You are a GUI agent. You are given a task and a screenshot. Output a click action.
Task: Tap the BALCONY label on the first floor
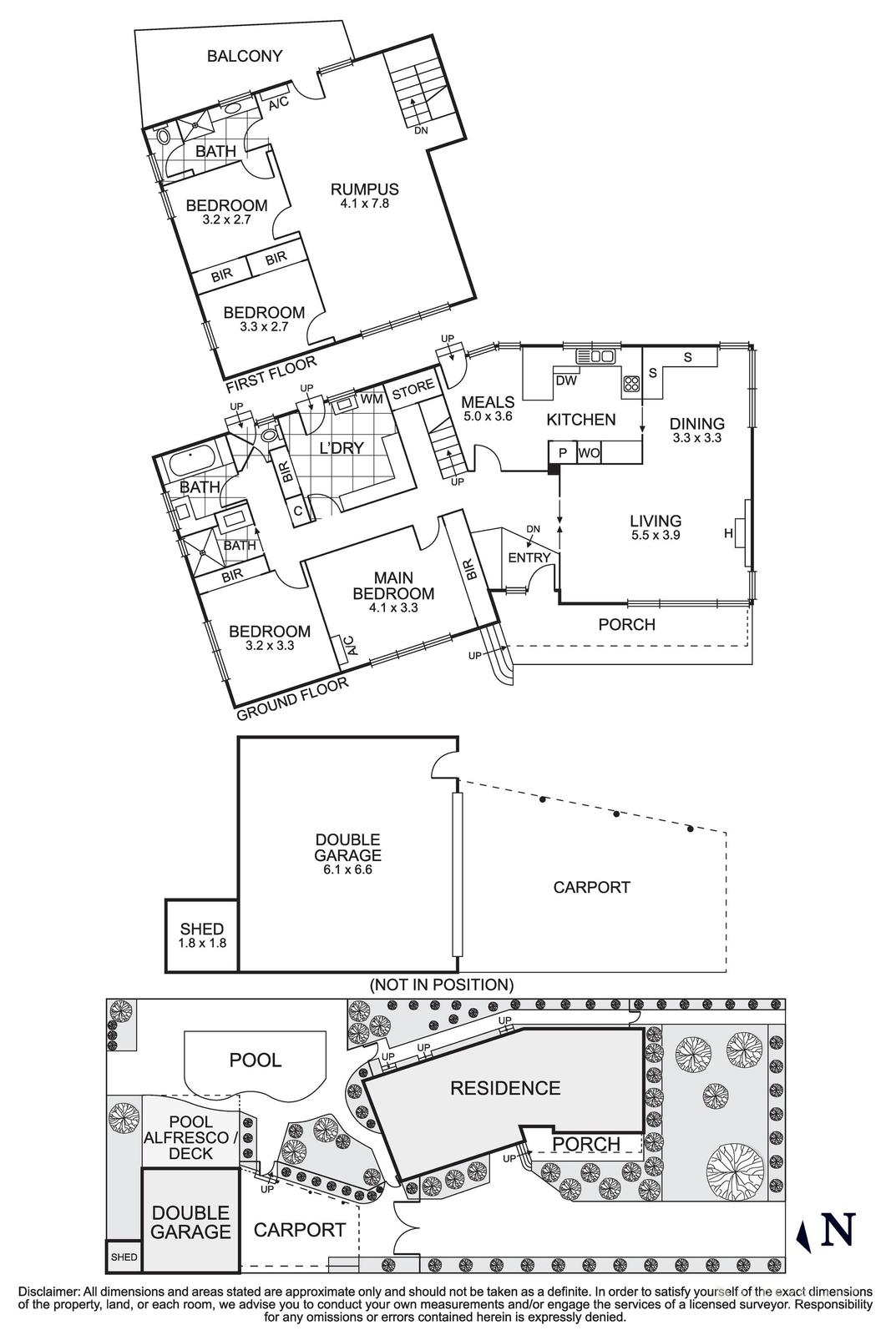(245, 56)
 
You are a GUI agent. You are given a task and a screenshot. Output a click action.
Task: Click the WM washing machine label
(372, 399)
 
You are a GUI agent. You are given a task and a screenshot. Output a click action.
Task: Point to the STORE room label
(413, 387)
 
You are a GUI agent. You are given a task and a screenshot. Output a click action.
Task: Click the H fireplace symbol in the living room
(728, 532)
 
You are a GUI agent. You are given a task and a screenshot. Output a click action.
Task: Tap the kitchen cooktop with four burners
(630, 385)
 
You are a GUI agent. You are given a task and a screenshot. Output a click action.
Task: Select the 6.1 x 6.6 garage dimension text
(347, 869)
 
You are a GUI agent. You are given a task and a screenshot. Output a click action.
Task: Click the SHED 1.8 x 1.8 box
(201, 935)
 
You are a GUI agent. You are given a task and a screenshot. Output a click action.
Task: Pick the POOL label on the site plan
(256, 1060)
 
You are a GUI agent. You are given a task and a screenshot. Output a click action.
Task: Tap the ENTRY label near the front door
(529, 558)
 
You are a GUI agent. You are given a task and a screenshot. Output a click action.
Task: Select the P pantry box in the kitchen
(562, 453)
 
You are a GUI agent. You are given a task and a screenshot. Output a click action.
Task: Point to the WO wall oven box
(589, 453)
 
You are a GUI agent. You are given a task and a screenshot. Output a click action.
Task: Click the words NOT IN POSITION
(441, 985)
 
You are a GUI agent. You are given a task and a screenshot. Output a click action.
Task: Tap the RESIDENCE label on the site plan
(505, 1088)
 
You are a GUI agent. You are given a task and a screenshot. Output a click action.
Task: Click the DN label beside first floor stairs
(422, 130)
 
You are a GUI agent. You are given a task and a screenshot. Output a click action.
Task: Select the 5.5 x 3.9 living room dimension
(656, 536)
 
